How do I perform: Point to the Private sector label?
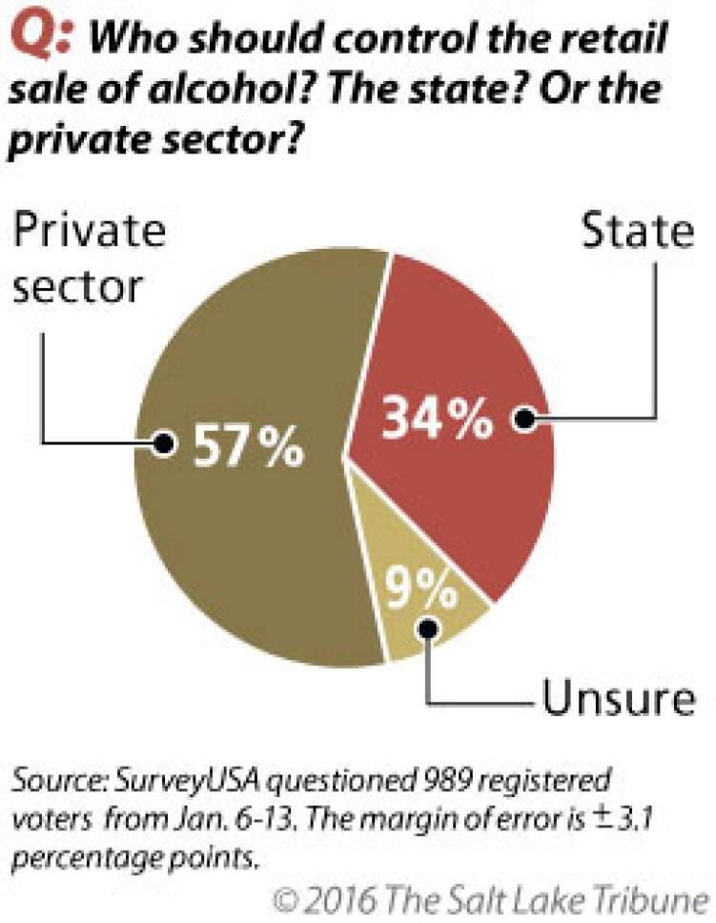coord(91,258)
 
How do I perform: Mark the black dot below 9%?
coord(427,629)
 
